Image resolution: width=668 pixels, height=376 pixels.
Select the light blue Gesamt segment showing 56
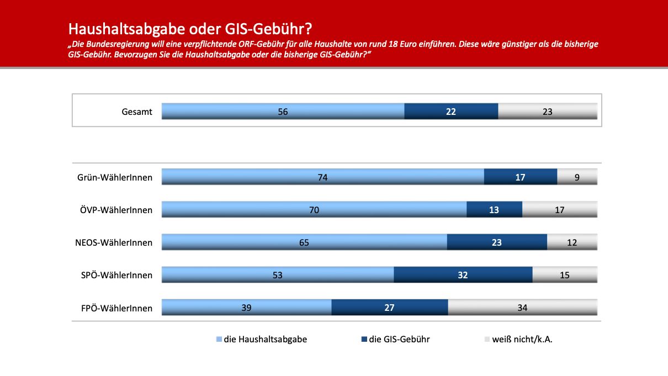[283, 111]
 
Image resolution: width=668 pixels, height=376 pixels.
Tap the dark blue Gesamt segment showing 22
[451, 111]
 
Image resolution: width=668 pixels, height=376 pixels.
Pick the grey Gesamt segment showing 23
[548, 111]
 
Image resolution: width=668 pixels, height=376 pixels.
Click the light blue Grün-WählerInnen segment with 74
[322, 177]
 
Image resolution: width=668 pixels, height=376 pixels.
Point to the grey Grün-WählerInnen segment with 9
[577, 177]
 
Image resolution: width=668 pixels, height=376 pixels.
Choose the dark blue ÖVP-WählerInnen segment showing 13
[494, 209]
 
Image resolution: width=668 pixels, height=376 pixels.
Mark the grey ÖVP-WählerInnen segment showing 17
[559, 209]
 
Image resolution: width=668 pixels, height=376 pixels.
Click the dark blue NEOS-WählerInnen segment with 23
[497, 242]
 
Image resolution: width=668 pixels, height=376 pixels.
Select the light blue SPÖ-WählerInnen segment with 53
[277, 274]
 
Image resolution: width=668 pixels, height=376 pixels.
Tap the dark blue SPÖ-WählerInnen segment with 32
[463, 274]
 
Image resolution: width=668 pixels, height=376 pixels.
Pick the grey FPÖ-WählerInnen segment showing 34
[522, 307]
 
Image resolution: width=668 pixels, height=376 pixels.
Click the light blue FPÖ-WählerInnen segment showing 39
[246, 307]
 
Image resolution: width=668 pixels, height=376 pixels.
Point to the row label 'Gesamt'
[137, 112]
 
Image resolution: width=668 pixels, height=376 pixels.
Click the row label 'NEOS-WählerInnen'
[114, 242]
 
